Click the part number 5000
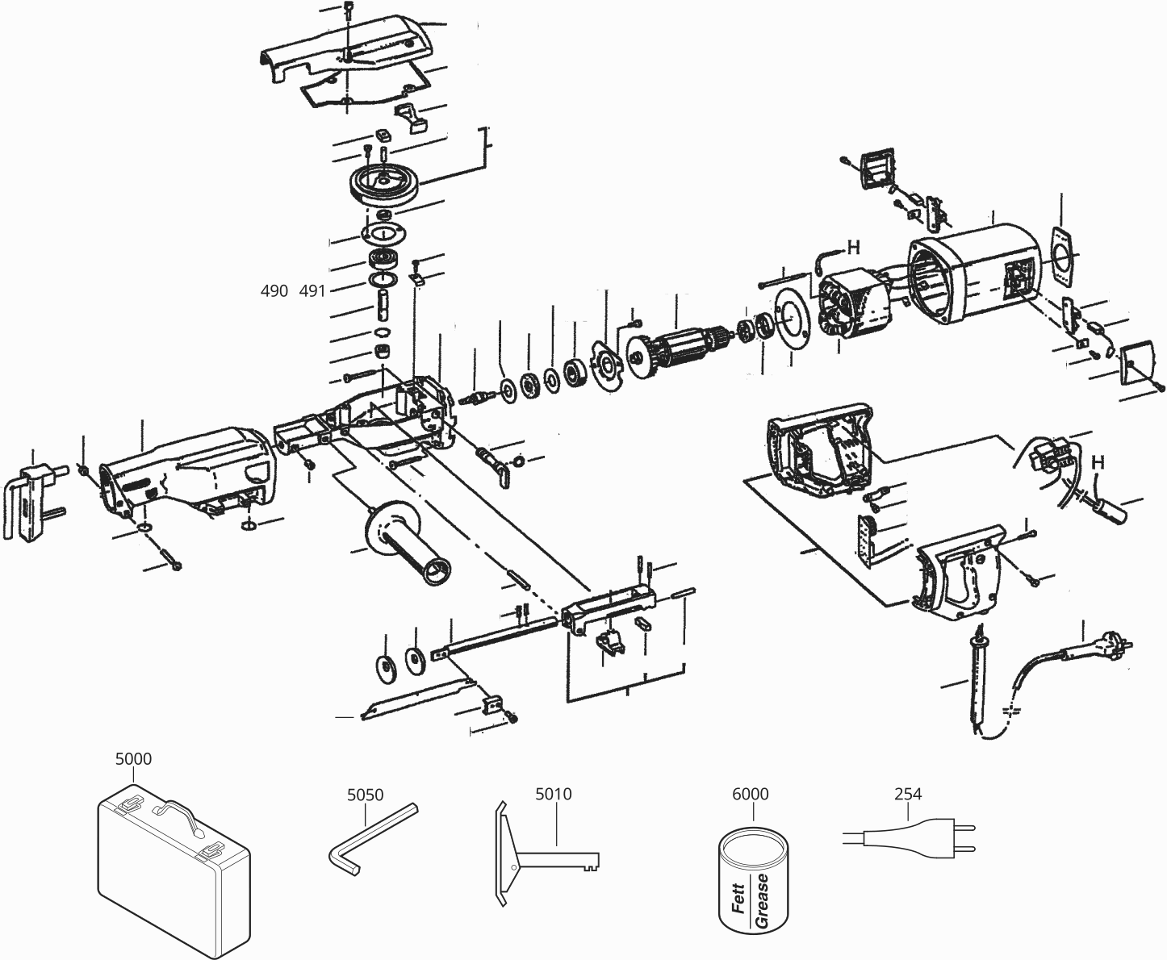tap(133, 758)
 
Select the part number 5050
tap(365, 794)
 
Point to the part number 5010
tap(553, 794)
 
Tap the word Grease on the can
tap(762, 899)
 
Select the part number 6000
tap(750, 794)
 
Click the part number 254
tap(908, 794)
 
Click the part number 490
tap(274, 291)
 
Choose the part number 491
tap(312, 291)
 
